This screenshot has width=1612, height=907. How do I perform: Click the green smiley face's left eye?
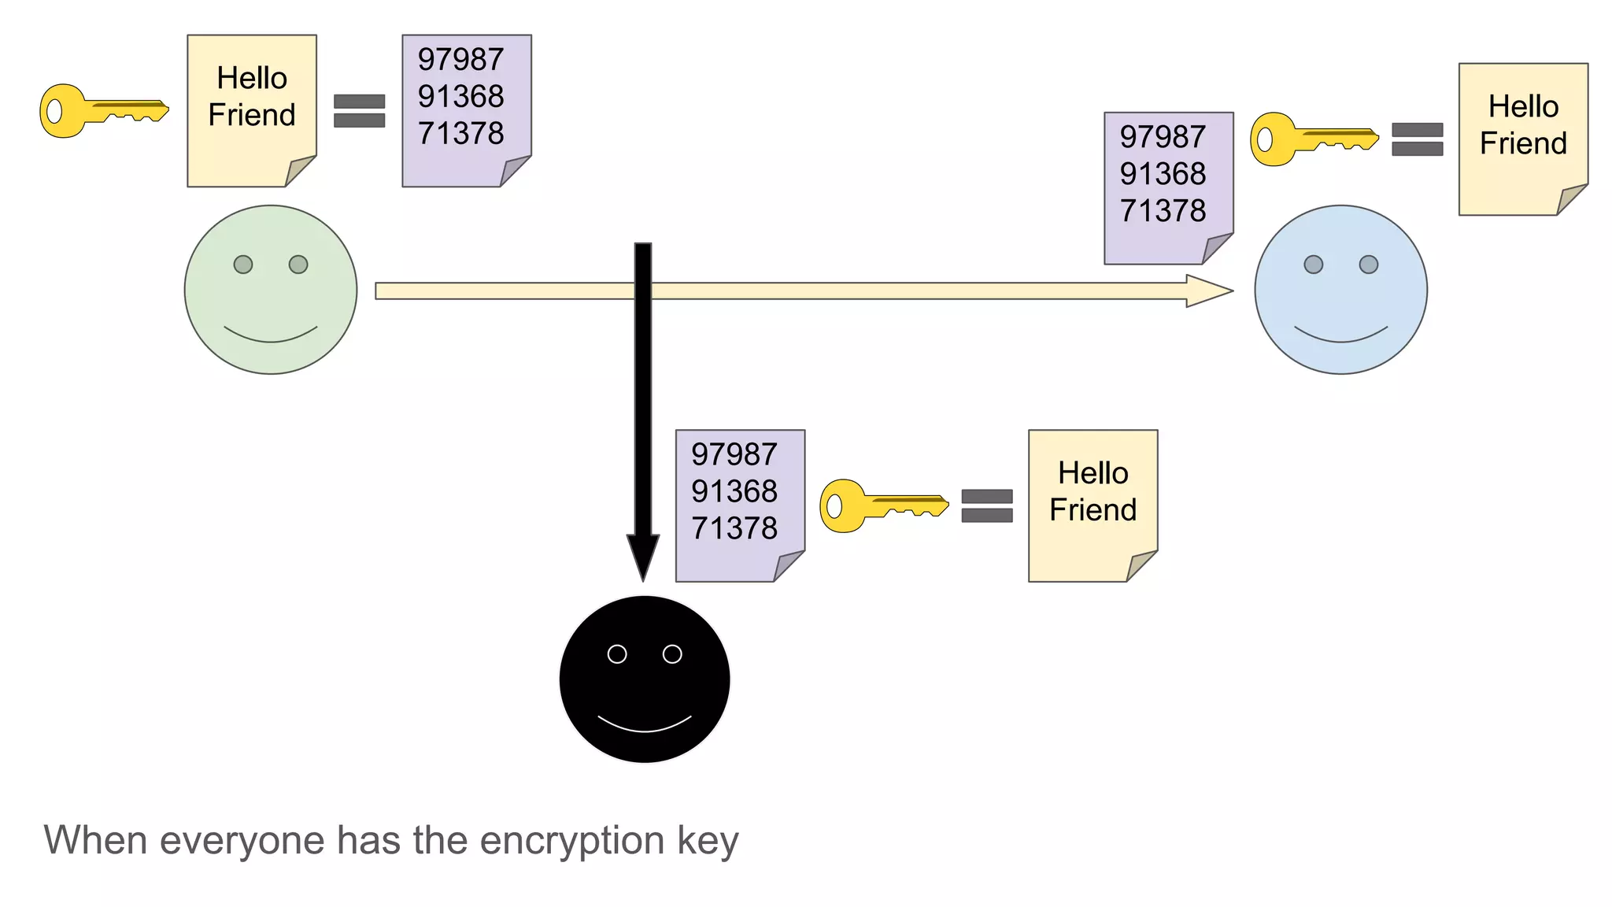[243, 265]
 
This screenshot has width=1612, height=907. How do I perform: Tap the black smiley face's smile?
[645, 725]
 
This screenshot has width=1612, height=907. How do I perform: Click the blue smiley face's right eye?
[1369, 265]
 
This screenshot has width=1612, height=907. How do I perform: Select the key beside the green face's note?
[102, 111]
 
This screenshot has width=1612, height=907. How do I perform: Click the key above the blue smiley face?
[1313, 139]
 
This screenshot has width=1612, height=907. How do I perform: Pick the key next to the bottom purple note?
[882, 506]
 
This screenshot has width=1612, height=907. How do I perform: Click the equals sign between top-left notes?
[359, 111]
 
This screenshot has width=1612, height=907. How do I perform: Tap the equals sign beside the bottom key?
[987, 506]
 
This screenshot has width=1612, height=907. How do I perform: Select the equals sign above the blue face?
[1417, 139]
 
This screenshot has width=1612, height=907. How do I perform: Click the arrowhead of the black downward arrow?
[643, 556]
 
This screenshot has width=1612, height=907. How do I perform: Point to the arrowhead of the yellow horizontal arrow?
[1208, 291]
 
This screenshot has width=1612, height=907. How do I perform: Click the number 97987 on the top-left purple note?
[460, 60]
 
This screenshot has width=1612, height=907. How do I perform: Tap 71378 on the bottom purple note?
[734, 528]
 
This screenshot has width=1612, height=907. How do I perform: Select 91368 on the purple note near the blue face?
[1163, 174]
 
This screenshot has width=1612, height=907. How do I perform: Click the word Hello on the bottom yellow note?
[1093, 473]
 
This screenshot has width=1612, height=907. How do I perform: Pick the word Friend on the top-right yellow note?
[1523, 143]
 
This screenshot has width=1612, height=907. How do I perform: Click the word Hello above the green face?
[252, 78]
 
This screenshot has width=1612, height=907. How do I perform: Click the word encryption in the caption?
[572, 841]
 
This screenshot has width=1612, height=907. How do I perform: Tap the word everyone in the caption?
[244, 841]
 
